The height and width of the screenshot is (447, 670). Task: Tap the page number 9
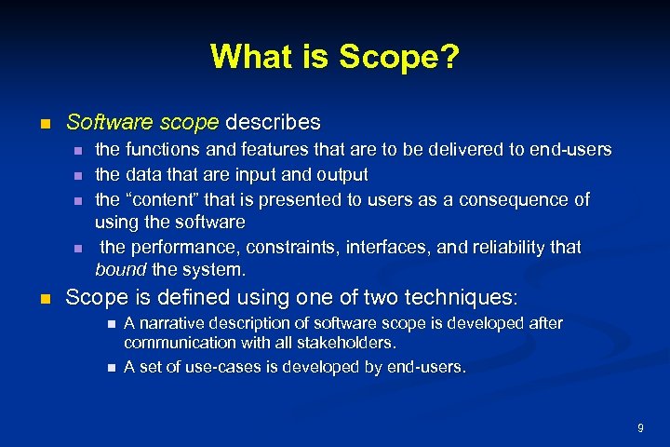pyautogui.click(x=640, y=427)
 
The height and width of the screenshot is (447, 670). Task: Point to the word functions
pyautogui.click(x=163, y=149)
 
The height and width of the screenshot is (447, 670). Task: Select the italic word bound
pyautogui.click(x=117, y=270)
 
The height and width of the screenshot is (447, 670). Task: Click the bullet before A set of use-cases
pyautogui.click(x=110, y=367)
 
